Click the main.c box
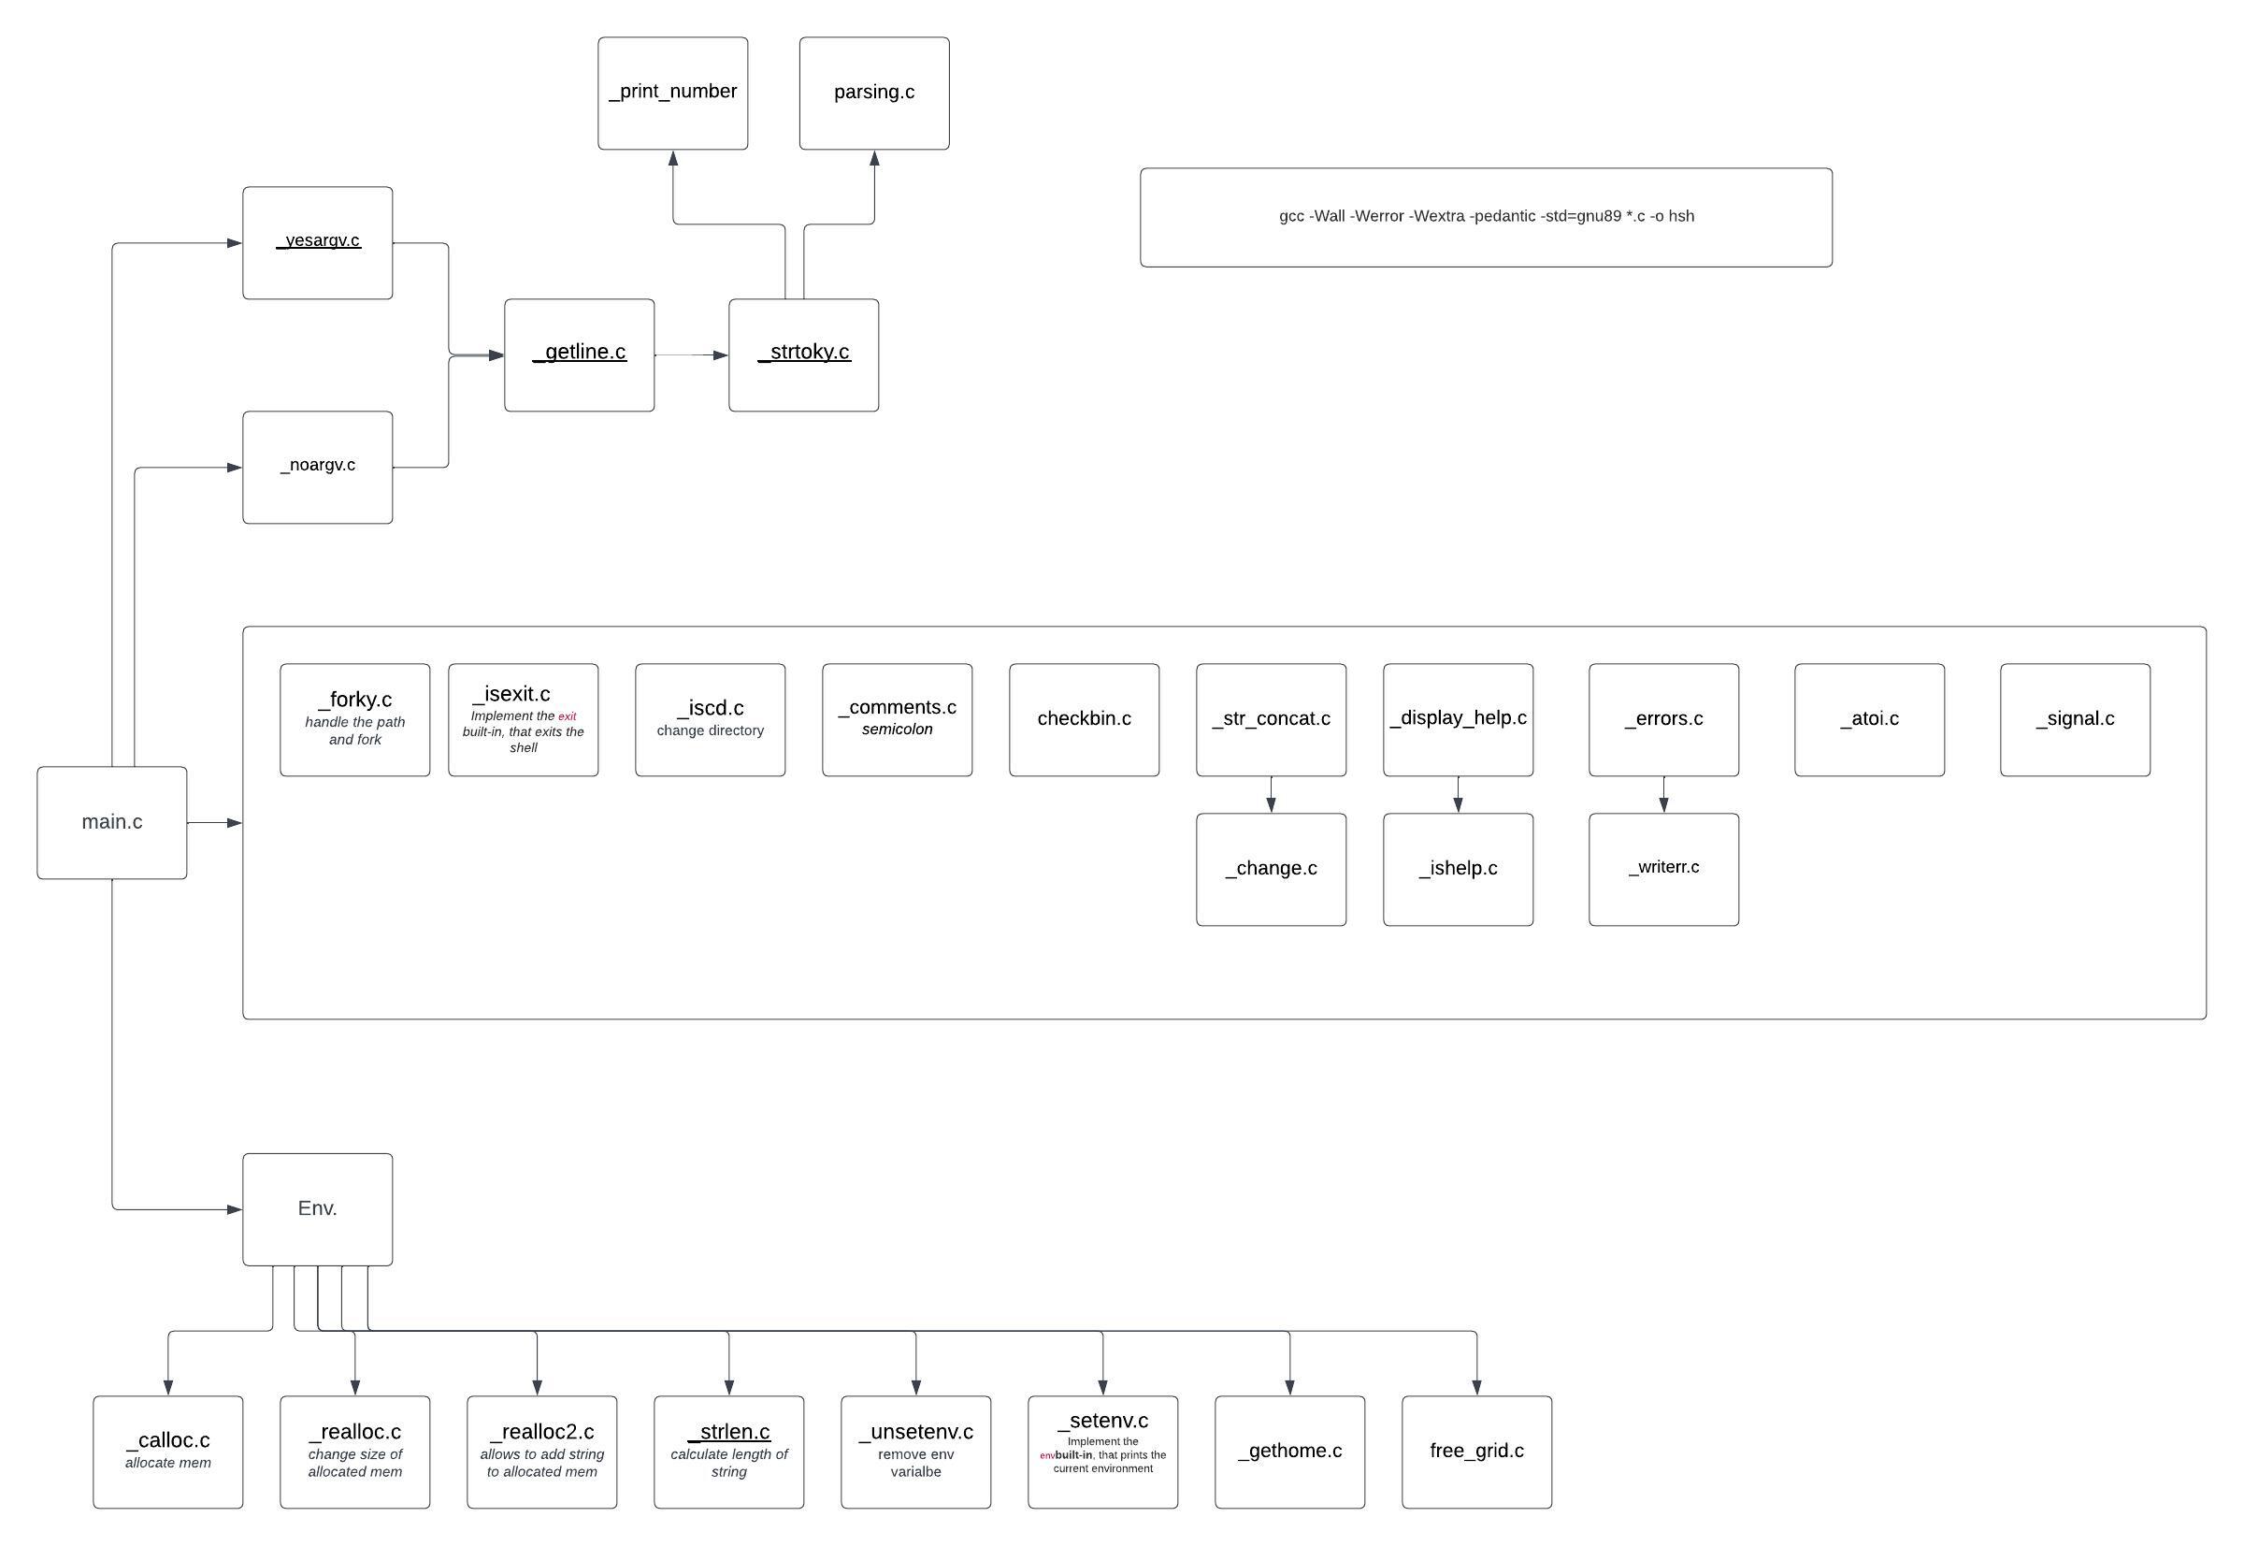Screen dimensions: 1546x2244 click(111, 822)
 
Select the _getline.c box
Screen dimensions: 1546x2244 click(579, 354)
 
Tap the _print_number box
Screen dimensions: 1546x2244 click(672, 93)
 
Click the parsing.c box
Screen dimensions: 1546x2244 click(873, 93)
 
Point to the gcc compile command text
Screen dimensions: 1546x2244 click(1486, 216)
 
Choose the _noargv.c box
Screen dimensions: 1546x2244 click(318, 467)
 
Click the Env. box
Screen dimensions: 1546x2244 click(318, 1209)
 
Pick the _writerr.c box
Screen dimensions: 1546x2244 click(1663, 869)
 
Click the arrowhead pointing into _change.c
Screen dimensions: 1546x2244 click(1271, 805)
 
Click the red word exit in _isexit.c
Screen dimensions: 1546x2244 click(567, 716)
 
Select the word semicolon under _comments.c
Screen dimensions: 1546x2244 click(897, 730)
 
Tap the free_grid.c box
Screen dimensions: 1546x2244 click(1476, 1452)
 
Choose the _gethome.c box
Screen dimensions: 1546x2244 click(1289, 1452)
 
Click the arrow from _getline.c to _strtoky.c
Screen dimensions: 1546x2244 click(691, 355)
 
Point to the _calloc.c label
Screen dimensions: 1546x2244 click(167, 1440)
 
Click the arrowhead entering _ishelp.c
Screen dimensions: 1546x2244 click(1458, 805)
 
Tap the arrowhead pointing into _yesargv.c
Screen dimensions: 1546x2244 click(234, 243)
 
